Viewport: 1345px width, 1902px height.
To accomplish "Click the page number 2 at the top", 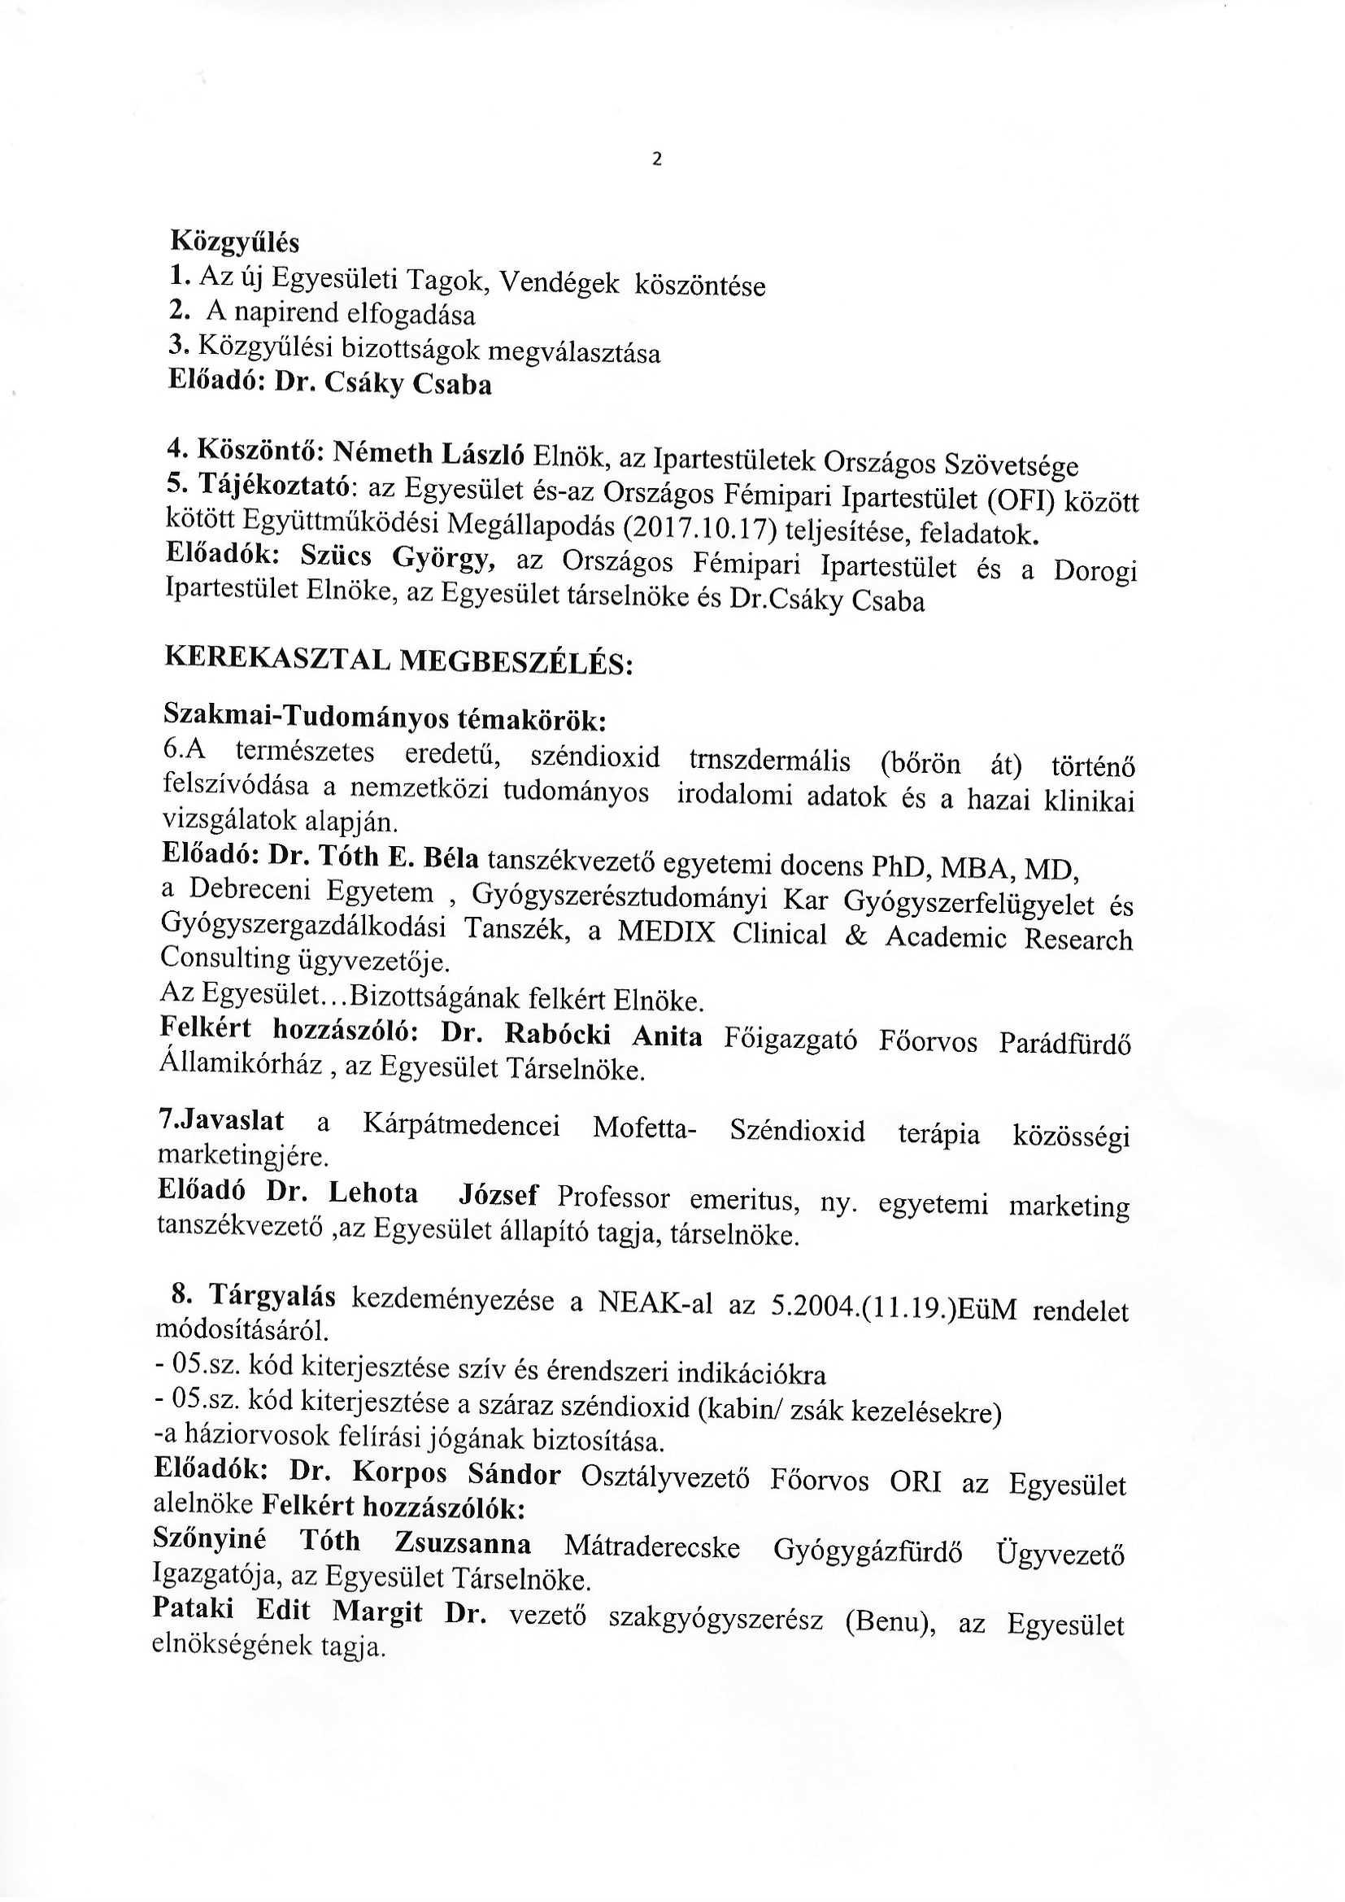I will coord(658,160).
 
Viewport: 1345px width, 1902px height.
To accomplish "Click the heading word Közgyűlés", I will coord(234,242).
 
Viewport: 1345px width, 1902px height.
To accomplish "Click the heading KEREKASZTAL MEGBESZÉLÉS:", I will coord(398,661).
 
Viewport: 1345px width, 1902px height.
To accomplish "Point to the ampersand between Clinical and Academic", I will coord(855,935).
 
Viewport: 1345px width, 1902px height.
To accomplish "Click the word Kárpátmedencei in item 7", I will coord(461,1126).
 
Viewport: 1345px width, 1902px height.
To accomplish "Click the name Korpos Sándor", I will coord(456,1474).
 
